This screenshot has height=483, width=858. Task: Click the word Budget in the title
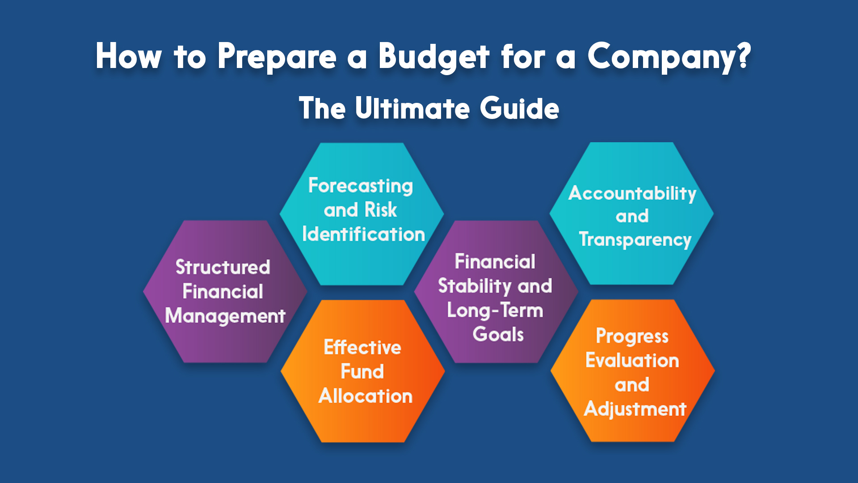434,57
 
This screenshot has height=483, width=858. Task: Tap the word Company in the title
669,57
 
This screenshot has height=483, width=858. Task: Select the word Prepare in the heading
277,57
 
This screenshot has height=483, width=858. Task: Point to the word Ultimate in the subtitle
412,108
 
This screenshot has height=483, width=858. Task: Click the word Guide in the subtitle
520,108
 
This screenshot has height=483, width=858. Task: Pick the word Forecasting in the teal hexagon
361,186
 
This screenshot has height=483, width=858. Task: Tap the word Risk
381,210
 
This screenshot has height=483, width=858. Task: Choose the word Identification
363,234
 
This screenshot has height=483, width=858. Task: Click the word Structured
223,267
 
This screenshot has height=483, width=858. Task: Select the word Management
225,316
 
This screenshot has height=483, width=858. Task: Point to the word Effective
362,347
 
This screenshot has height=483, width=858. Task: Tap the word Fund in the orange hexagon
362,372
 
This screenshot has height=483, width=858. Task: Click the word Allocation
366,396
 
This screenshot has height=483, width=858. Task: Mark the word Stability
475,286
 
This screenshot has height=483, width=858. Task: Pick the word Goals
498,335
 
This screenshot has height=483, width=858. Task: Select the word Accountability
632,194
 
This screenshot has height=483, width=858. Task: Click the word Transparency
635,240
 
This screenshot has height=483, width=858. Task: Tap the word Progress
632,337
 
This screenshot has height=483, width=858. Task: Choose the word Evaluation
632,360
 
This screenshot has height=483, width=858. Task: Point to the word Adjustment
635,409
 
